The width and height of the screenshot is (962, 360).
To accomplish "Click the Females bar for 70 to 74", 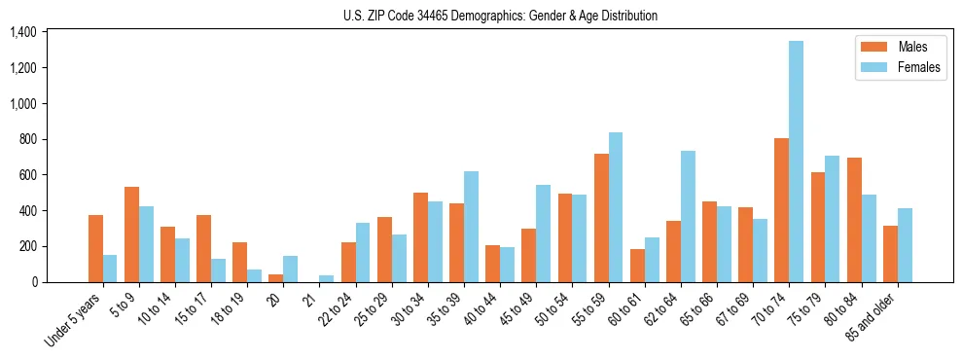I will (x=796, y=162).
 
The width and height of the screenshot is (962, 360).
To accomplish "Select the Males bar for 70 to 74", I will (x=781, y=210).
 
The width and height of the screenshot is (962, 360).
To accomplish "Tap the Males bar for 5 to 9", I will (x=131, y=234).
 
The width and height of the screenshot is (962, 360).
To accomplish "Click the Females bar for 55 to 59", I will (x=615, y=207).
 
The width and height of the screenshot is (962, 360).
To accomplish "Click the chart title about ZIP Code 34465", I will (x=500, y=16).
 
